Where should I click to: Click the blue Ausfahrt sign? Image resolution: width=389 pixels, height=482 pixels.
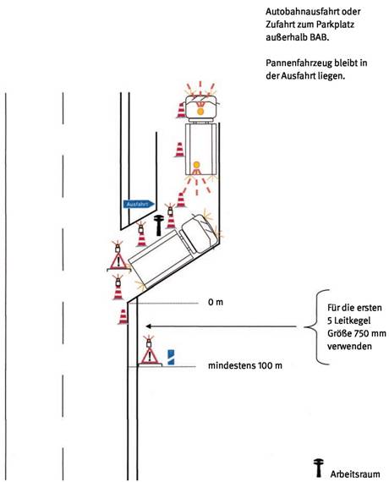139,204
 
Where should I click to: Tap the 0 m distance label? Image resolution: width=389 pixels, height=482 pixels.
216,302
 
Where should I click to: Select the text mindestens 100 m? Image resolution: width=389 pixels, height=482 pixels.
245,365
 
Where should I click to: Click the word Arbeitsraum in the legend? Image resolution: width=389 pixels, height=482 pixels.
355,474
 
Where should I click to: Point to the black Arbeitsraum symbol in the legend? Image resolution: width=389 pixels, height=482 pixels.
319,468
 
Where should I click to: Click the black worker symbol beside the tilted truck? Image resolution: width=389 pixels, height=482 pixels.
159,225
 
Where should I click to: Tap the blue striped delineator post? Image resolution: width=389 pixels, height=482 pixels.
171,357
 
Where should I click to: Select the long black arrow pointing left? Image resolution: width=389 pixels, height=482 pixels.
221,326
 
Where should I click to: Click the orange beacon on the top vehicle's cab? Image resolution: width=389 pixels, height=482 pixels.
200,112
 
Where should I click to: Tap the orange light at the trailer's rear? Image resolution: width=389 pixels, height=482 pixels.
196,165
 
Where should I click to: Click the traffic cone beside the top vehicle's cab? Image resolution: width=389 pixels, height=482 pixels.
182,111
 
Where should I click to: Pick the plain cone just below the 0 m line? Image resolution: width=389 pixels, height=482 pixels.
123,316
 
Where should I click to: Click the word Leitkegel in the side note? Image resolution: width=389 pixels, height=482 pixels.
352,320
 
